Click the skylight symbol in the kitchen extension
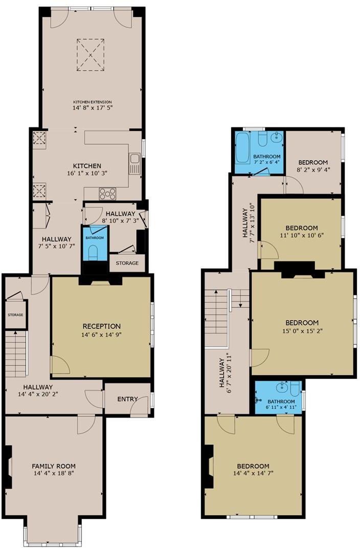tap(91, 55)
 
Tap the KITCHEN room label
tap(87, 166)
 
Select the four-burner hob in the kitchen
tap(108, 194)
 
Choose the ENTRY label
tap(127, 399)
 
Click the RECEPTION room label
tap(102, 326)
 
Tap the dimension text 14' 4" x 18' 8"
tap(54, 474)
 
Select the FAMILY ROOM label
tap(54, 466)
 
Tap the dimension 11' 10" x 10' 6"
tap(302, 236)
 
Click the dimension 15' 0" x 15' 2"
tap(302, 331)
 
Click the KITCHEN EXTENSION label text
tap(92, 102)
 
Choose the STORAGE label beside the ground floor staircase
tap(15, 315)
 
